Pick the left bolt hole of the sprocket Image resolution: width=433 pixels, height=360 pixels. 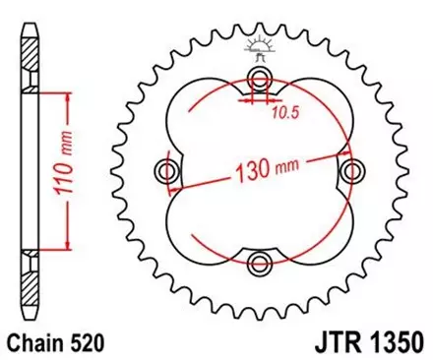pyautogui.click(x=168, y=172)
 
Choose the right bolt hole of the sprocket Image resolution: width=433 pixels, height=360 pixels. pyautogui.click(x=348, y=172)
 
